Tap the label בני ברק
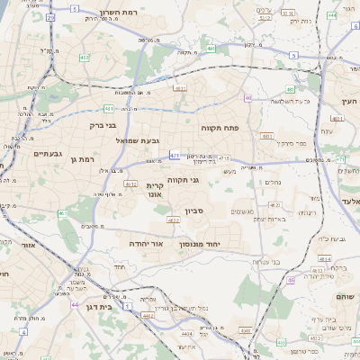pos(87,125)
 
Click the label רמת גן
pos(81,158)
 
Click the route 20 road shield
pos(50,17)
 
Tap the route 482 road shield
pos(84,57)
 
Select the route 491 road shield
pos(210,48)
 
